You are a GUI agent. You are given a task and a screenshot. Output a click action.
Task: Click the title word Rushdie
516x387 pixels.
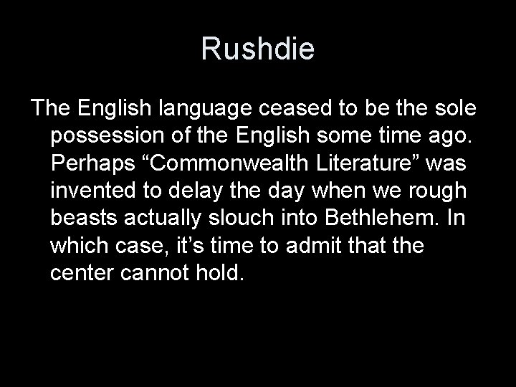coord(257,49)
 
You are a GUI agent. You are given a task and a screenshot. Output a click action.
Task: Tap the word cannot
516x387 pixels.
coord(166,272)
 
